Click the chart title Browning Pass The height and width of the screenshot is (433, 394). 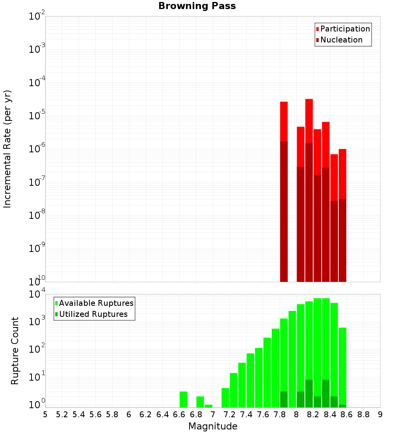point(197,6)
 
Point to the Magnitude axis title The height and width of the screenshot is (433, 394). point(213,426)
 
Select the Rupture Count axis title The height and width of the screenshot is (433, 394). point(15,351)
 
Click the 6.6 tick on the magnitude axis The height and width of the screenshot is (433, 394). point(179,414)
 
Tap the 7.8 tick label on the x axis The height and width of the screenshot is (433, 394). point(280,414)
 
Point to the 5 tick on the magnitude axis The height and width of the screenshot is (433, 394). point(45,414)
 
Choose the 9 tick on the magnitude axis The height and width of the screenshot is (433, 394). point(380,414)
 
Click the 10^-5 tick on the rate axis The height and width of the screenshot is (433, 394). point(37,116)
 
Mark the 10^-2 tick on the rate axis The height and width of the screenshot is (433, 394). point(37,17)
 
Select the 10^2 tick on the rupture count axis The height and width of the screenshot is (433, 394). point(37,349)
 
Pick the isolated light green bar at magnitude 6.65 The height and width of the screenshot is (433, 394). point(183,399)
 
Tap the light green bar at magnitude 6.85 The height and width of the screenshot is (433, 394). point(200,402)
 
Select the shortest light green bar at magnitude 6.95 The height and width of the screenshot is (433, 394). point(208,406)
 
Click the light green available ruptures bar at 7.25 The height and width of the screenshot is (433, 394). point(234,390)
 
